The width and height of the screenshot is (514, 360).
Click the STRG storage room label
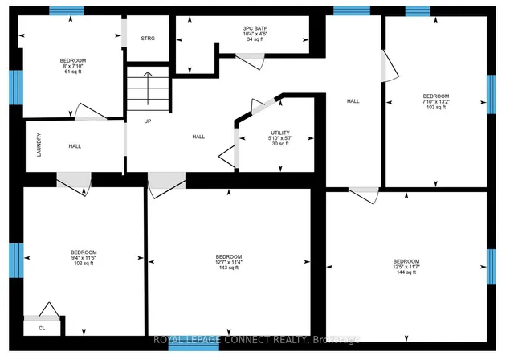(148, 39)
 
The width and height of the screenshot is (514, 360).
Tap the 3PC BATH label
(255, 28)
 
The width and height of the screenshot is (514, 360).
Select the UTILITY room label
(280, 133)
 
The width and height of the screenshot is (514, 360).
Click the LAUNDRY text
(39, 145)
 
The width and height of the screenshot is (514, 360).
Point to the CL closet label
(42, 328)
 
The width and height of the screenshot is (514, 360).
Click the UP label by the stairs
(148, 121)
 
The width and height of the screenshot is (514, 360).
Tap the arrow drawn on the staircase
(148, 88)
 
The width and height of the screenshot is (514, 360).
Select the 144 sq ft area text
(406, 272)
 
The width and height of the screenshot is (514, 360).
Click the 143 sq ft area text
(229, 268)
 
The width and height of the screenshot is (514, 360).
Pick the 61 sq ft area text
(73, 72)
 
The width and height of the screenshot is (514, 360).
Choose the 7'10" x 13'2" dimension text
(436, 101)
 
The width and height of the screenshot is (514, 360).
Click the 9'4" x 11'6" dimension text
(84, 258)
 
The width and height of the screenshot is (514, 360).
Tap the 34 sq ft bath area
(255, 39)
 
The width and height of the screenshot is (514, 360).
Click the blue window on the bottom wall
(194, 347)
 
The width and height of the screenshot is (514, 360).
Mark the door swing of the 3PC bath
(250, 61)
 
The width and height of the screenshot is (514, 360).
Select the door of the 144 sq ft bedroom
(364, 195)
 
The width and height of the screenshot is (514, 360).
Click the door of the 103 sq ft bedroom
(390, 66)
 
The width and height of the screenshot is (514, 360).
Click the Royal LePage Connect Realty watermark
(256, 340)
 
